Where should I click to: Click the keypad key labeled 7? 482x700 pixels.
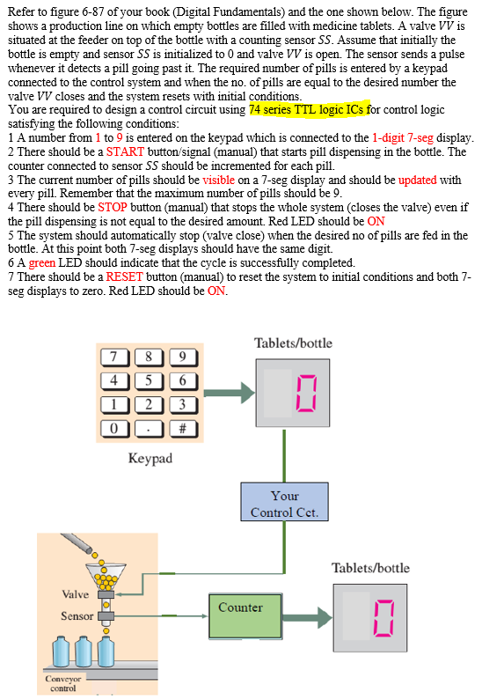pos(113,357)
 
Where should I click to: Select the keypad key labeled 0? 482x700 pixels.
pos(113,429)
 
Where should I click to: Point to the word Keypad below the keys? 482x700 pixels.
pos(150,459)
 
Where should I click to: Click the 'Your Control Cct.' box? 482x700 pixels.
pos(284,504)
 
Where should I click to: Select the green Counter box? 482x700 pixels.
pos(240,613)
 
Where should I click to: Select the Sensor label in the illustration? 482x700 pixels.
pos(77,615)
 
